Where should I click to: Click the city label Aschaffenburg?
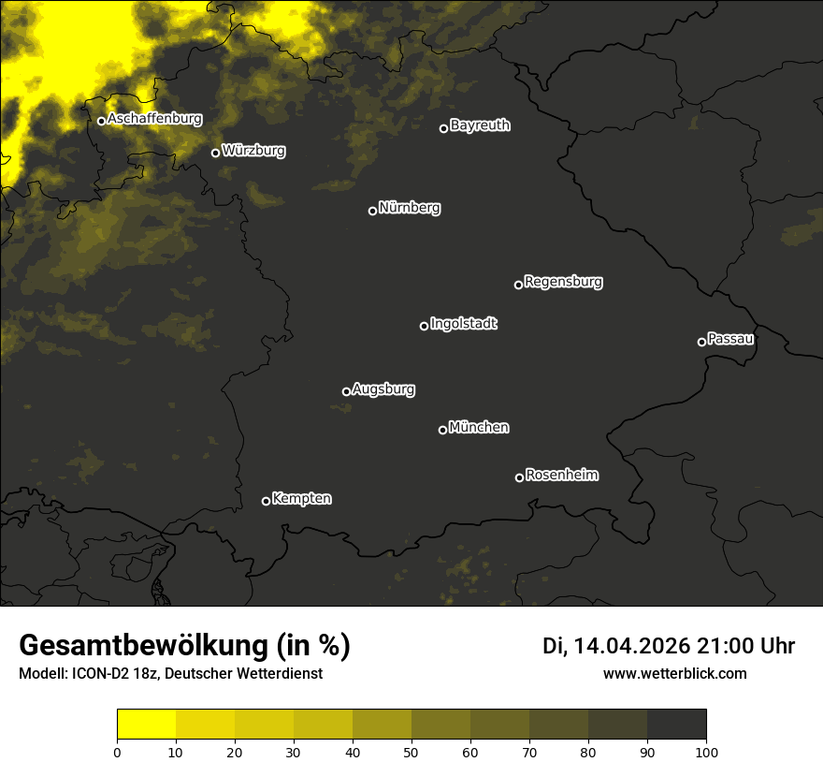tap(154, 119)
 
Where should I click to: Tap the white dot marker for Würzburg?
tap(215, 153)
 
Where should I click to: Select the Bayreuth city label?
tap(480, 125)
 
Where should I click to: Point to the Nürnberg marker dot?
tap(372, 211)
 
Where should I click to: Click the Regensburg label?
tap(563, 281)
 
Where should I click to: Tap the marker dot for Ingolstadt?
tap(424, 326)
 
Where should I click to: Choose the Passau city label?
tap(730, 338)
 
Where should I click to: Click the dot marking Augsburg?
tap(346, 391)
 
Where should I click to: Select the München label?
tap(479, 427)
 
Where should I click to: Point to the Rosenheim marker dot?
tap(519, 477)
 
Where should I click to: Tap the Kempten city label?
tap(301, 498)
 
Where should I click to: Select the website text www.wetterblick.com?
tap(674, 673)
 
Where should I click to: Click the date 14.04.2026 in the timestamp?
tap(631, 646)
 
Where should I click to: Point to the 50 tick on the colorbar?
tap(411, 751)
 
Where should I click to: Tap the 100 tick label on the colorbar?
tap(706, 751)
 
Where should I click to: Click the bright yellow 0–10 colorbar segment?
tap(146, 725)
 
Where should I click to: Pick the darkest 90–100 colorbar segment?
tap(676, 725)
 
